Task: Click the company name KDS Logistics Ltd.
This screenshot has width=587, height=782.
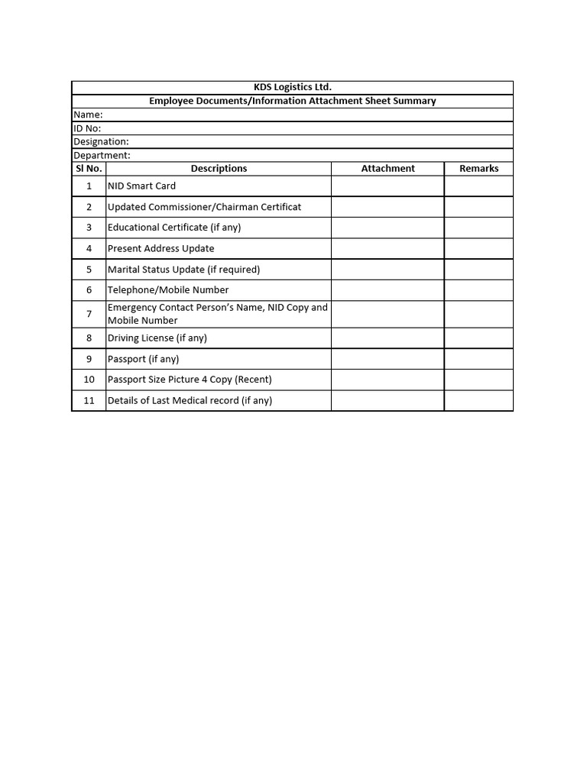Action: pyautogui.click(x=293, y=87)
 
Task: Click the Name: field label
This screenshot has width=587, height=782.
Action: pyautogui.click(x=88, y=115)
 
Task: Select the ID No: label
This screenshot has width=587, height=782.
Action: pyautogui.click(x=87, y=128)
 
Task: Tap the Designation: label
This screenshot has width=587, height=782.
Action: pyautogui.click(x=101, y=141)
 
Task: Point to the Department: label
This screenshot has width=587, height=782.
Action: pyautogui.click(x=102, y=155)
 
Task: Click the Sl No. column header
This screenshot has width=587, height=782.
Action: pyautogui.click(x=89, y=168)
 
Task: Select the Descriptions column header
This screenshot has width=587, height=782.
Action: pyautogui.click(x=219, y=168)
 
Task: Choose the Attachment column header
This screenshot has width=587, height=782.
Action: pyautogui.click(x=388, y=168)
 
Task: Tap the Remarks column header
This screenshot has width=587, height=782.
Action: pyautogui.click(x=478, y=168)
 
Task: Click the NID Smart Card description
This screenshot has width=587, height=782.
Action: pyautogui.click(x=141, y=186)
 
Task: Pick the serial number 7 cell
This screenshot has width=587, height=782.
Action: pyautogui.click(x=89, y=314)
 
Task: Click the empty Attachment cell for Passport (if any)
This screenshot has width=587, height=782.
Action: pyautogui.click(x=388, y=359)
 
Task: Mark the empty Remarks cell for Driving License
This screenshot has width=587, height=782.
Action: pyautogui.click(x=478, y=338)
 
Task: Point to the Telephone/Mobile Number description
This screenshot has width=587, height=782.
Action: pyautogui.click(x=168, y=289)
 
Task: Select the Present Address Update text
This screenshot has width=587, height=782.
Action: pyautogui.click(x=161, y=248)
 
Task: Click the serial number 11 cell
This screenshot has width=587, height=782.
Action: pyautogui.click(x=89, y=400)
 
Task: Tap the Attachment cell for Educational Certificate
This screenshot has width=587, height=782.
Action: pyautogui.click(x=388, y=228)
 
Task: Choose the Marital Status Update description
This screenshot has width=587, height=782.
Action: pyautogui.click(x=183, y=269)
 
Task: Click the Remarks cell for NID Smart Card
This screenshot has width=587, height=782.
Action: pyautogui.click(x=478, y=186)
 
